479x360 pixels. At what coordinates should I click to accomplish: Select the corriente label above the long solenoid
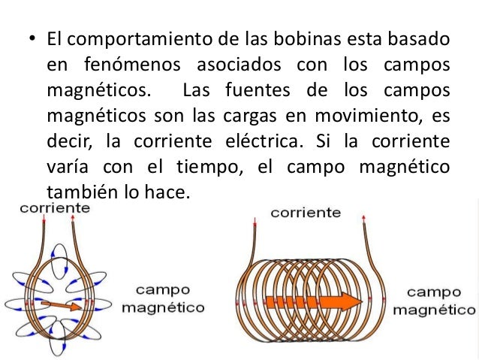pos(306,213)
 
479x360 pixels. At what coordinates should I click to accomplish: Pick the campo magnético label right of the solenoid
pos(440,300)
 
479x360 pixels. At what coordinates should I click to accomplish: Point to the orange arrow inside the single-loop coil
pos(62,304)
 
